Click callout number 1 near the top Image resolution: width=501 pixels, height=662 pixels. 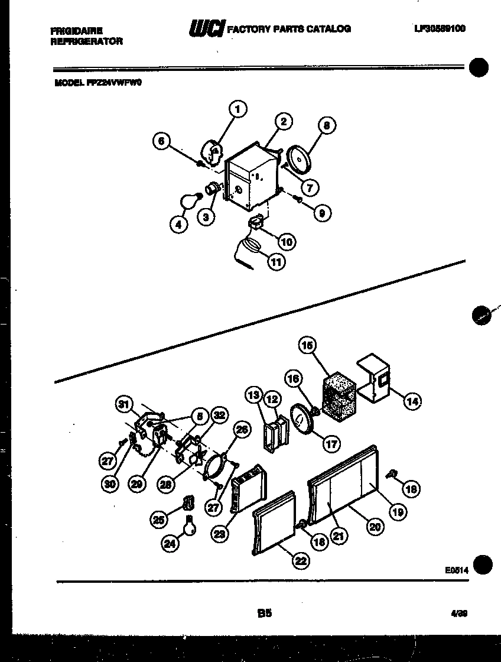tap(238, 109)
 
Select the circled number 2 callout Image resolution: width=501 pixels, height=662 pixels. tap(283, 121)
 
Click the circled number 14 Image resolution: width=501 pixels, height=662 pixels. tap(411, 402)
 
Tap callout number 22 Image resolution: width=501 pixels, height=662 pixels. tap(301, 562)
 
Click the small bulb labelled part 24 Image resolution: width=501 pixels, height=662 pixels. tap(189, 524)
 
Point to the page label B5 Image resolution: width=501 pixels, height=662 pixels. tap(264, 614)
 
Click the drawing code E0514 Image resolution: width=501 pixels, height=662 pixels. tap(457, 570)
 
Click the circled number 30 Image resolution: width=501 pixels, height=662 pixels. tap(109, 483)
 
